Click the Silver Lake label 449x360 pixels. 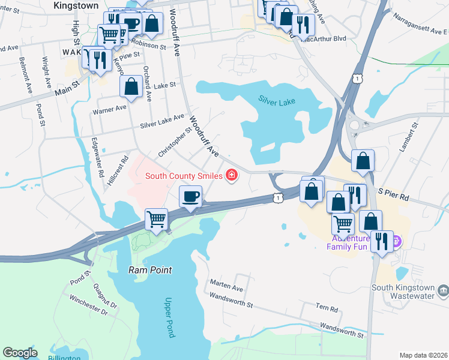pos(277,102)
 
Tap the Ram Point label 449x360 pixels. pos(150,270)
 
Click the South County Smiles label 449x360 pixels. pos(183,176)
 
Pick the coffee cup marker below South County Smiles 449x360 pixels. pos(191,197)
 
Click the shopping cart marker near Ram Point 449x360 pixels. pos(156,220)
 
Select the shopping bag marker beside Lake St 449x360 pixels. pos(131,87)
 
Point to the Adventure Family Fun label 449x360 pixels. pos(355,242)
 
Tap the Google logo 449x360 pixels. pos(20,353)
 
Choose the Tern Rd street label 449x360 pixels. pos(327,308)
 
